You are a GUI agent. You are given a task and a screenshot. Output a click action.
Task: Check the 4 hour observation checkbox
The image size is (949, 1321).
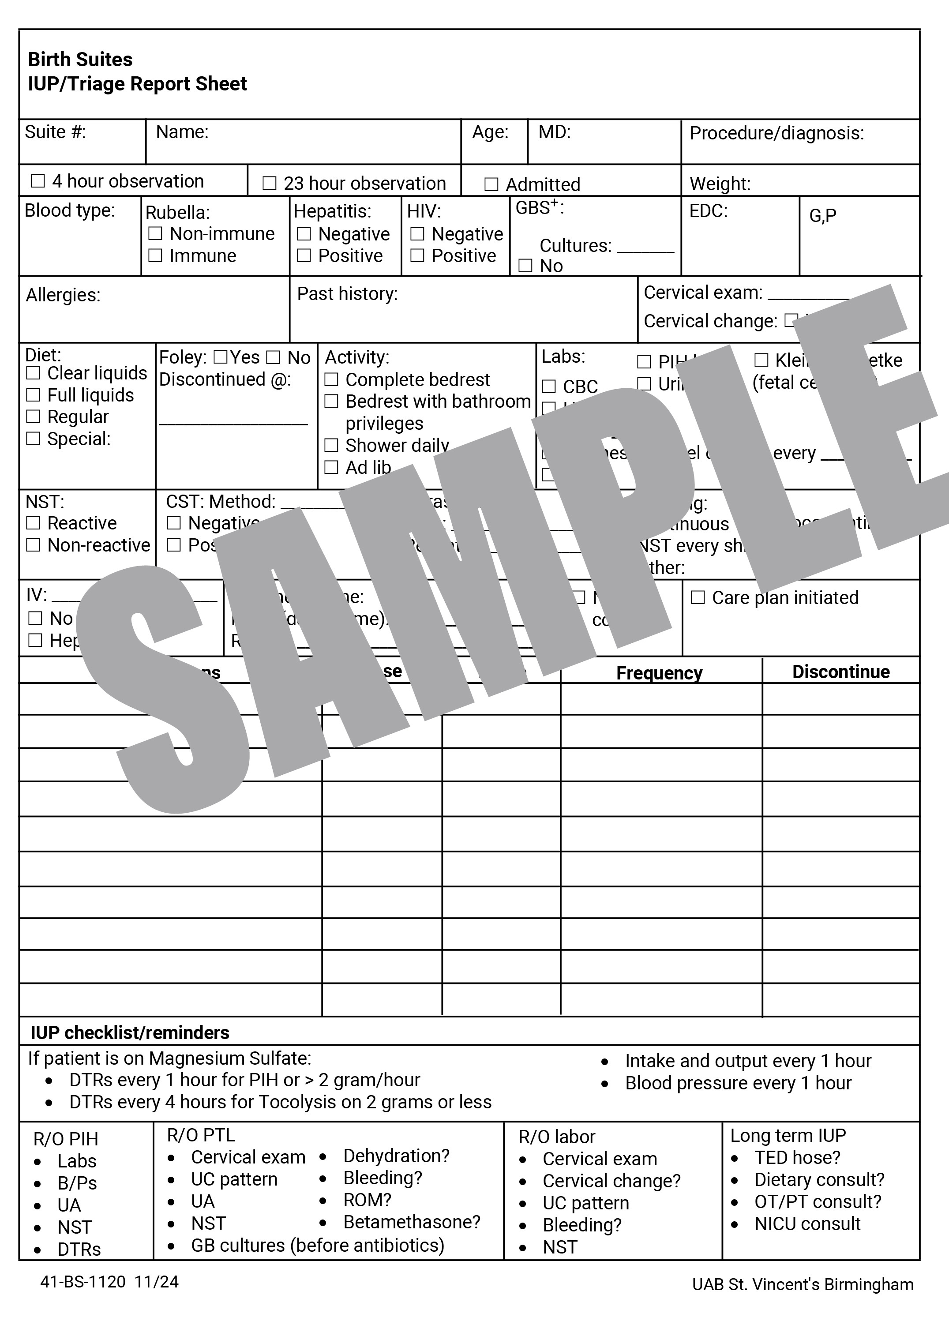pos(38,181)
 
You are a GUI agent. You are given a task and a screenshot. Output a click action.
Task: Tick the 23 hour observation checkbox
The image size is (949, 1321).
pos(269,184)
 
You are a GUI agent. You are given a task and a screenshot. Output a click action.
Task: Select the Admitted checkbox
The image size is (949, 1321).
pos(491,184)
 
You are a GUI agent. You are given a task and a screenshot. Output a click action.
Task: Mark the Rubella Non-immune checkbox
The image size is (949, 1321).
pos(155,233)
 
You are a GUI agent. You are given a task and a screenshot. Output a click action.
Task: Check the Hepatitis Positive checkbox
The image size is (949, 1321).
pos(304,256)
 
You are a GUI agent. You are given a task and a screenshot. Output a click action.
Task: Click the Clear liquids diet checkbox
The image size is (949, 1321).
pos(33,373)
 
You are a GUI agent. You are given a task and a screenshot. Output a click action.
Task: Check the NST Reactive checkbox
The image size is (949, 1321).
pos(33,523)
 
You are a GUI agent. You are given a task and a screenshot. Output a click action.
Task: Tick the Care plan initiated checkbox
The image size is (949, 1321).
pos(698,597)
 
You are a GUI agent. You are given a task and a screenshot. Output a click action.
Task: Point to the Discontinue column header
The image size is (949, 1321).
pos(840,672)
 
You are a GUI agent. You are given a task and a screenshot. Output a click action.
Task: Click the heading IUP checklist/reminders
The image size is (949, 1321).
pos(129,1033)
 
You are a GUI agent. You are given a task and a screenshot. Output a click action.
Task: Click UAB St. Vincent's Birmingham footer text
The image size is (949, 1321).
pos(802,1284)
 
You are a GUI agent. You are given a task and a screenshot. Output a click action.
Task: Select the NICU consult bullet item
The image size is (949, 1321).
pos(807,1224)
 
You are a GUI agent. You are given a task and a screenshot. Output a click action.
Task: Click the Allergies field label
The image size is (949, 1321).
pos(63,295)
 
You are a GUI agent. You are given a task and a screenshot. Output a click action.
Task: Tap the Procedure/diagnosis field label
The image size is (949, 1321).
pos(776,133)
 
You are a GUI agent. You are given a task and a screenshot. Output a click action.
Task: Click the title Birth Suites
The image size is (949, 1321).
pos(80,60)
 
